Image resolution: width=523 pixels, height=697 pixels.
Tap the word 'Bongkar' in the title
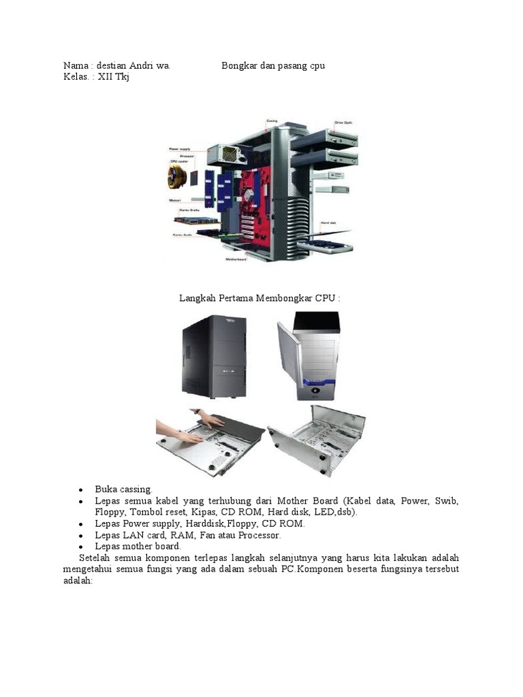[239, 66]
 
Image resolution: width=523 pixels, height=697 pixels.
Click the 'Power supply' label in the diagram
[179, 148]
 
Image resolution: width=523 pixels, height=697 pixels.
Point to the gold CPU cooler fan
[177, 176]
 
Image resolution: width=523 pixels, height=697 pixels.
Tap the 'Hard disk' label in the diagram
[330, 223]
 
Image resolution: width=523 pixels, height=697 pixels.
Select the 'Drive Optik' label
[343, 123]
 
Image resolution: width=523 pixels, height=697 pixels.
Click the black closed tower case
[214, 356]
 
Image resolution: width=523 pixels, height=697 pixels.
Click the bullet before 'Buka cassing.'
[80, 489]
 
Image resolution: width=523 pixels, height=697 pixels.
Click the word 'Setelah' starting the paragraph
[94, 557]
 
